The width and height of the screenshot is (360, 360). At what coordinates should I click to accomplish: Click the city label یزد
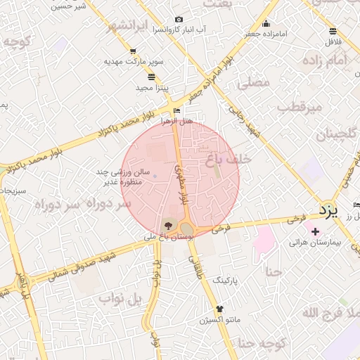[x=328, y=210]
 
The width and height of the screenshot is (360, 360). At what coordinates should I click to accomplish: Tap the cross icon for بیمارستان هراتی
[x=315, y=231]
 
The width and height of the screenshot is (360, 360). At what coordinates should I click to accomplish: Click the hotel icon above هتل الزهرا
[x=176, y=110]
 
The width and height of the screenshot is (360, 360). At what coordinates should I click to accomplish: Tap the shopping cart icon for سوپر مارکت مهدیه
[x=133, y=51]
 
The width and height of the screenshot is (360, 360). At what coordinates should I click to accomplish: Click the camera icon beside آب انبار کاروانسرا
[x=179, y=19]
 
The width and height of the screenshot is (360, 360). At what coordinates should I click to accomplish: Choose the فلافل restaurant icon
[x=333, y=31]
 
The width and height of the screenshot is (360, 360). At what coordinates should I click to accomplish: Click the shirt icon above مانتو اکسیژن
[x=219, y=308]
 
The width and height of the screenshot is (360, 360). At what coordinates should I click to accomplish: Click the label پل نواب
[x=120, y=300]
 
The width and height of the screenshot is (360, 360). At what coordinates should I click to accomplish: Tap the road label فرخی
[x=221, y=229]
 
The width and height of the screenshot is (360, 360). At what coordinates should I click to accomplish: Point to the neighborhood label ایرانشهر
[x=130, y=27]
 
